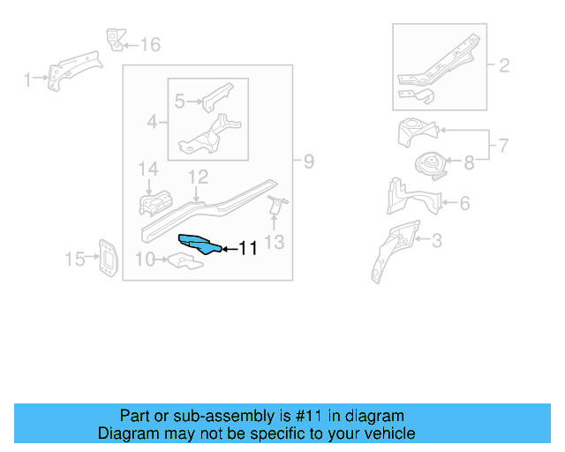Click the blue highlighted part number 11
click(200, 244)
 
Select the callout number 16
click(151, 44)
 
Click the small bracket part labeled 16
click(114, 39)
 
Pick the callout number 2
click(504, 64)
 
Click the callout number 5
click(180, 102)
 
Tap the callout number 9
click(309, 162)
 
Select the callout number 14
click(147, 169)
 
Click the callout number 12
click(197, 177)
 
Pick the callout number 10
click(146, 259)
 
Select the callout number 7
click(504, 145)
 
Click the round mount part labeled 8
click(429, 164)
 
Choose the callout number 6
click(463, 203)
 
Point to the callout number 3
click(436, 239)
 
